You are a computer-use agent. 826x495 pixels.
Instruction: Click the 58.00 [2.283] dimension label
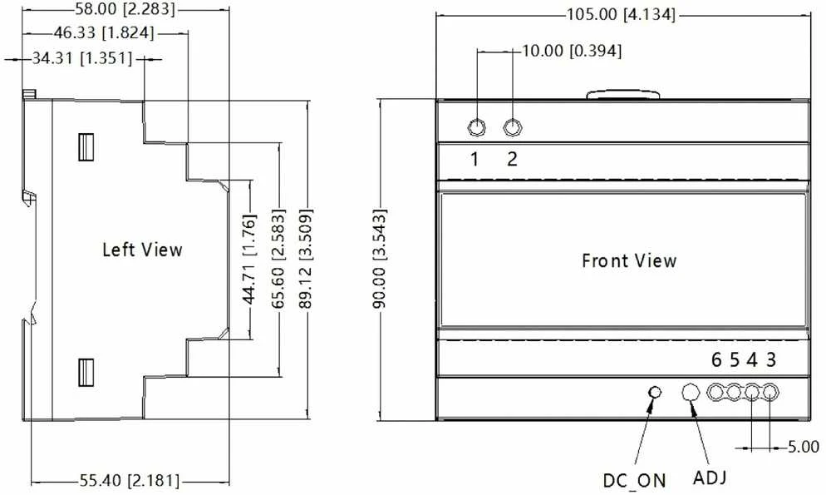pos(125,9)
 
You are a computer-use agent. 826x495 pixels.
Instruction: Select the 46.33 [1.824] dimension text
pos(105,32)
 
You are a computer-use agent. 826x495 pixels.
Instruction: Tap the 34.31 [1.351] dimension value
pos(82,58)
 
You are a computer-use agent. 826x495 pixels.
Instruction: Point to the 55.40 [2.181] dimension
pos(130,480)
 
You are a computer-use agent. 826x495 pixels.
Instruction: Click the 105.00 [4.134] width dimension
pos(621,14)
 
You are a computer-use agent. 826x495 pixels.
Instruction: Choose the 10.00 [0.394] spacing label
pos(572,51)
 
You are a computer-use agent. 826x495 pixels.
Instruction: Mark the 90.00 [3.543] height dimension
pos(380,258)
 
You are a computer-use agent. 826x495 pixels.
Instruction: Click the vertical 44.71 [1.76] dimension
pos(249,259)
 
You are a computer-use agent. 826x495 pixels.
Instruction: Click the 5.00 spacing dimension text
pos(804,447)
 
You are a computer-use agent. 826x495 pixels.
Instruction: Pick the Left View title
pos(142,250)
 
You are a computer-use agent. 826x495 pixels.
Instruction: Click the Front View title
pos(629,260)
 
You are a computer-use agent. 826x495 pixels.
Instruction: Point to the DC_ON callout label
pos(634,480)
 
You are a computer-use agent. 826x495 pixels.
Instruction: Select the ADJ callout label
pos(710,478)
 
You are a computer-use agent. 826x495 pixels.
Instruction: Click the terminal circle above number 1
pos(477,127)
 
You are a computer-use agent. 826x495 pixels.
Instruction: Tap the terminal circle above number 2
pos(513,127)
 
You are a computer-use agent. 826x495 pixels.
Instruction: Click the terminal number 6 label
pos(716,359)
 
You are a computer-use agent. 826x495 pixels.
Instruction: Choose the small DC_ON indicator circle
pos(655,393)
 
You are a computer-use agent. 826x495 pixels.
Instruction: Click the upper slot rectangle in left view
pos(86,146)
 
